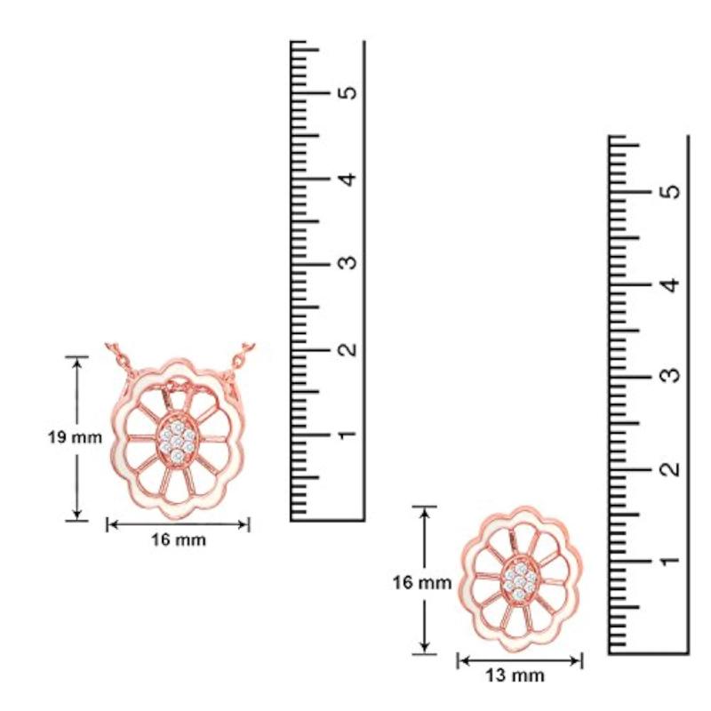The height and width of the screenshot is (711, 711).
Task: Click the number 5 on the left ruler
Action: pyautogui.click(x=348, y=92)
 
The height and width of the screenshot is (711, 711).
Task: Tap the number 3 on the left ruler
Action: pyautogui.click(x=348, y=262)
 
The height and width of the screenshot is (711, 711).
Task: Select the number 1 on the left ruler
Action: pyautogui.click(x=348, y=435)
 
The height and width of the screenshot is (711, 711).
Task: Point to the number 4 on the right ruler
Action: pyautogui.click(x=672, y=285)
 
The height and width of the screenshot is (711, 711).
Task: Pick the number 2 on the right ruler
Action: pyautogui.click(x=672, y=468)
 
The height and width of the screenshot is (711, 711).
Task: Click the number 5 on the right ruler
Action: pyautogui.click(x=672, y=191)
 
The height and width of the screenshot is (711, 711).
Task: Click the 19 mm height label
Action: pyautogui.click(x=76, y=437)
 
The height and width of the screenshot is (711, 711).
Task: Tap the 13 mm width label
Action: pyautogui.click(x=515, y=675)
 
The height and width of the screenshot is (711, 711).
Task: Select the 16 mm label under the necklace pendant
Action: pyautogui.click(x=179, y=539)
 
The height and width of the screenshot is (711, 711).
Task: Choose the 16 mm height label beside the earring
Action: pyautogui.click(x=421, y=583)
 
